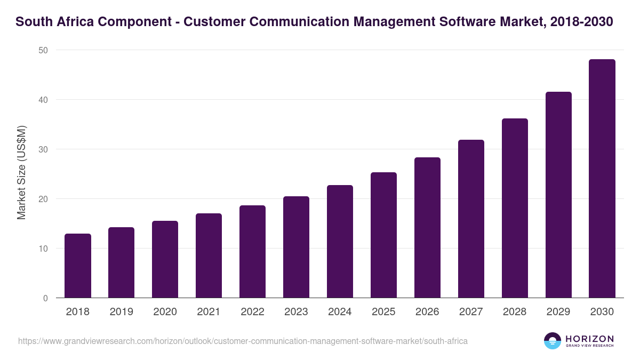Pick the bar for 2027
point(471,219)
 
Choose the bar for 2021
point(209,255)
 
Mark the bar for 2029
point(558,195)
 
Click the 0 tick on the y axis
point(45,298)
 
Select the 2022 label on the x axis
point(252,312)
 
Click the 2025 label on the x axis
point(383,312)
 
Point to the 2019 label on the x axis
point(121,312)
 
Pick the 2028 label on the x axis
point(515,312)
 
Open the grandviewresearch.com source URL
point(243,341)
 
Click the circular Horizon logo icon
point(553,341)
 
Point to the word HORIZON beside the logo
point(589,339)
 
